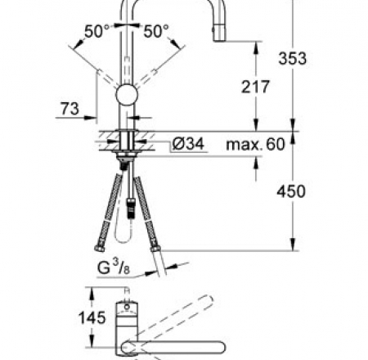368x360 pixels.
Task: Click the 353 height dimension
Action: point(292,58)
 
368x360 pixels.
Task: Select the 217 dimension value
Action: point(255,87)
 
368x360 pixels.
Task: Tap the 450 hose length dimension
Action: point(291,191)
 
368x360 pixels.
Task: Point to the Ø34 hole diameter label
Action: point(188,143)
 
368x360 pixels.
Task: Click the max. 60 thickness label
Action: point(255,144)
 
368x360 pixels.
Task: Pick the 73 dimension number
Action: point(70,108)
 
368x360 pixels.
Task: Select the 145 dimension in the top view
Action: point(92,317)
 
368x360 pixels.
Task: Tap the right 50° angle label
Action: point(156,31)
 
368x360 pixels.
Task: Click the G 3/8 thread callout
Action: point(114,268)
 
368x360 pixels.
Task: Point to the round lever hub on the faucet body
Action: point(127,95)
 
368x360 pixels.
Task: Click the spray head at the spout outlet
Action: point(219,32)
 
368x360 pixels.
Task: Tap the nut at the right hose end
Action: point(155,245)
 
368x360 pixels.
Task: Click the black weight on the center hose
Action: point(131,208)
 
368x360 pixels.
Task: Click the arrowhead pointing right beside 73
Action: point(91,118)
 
